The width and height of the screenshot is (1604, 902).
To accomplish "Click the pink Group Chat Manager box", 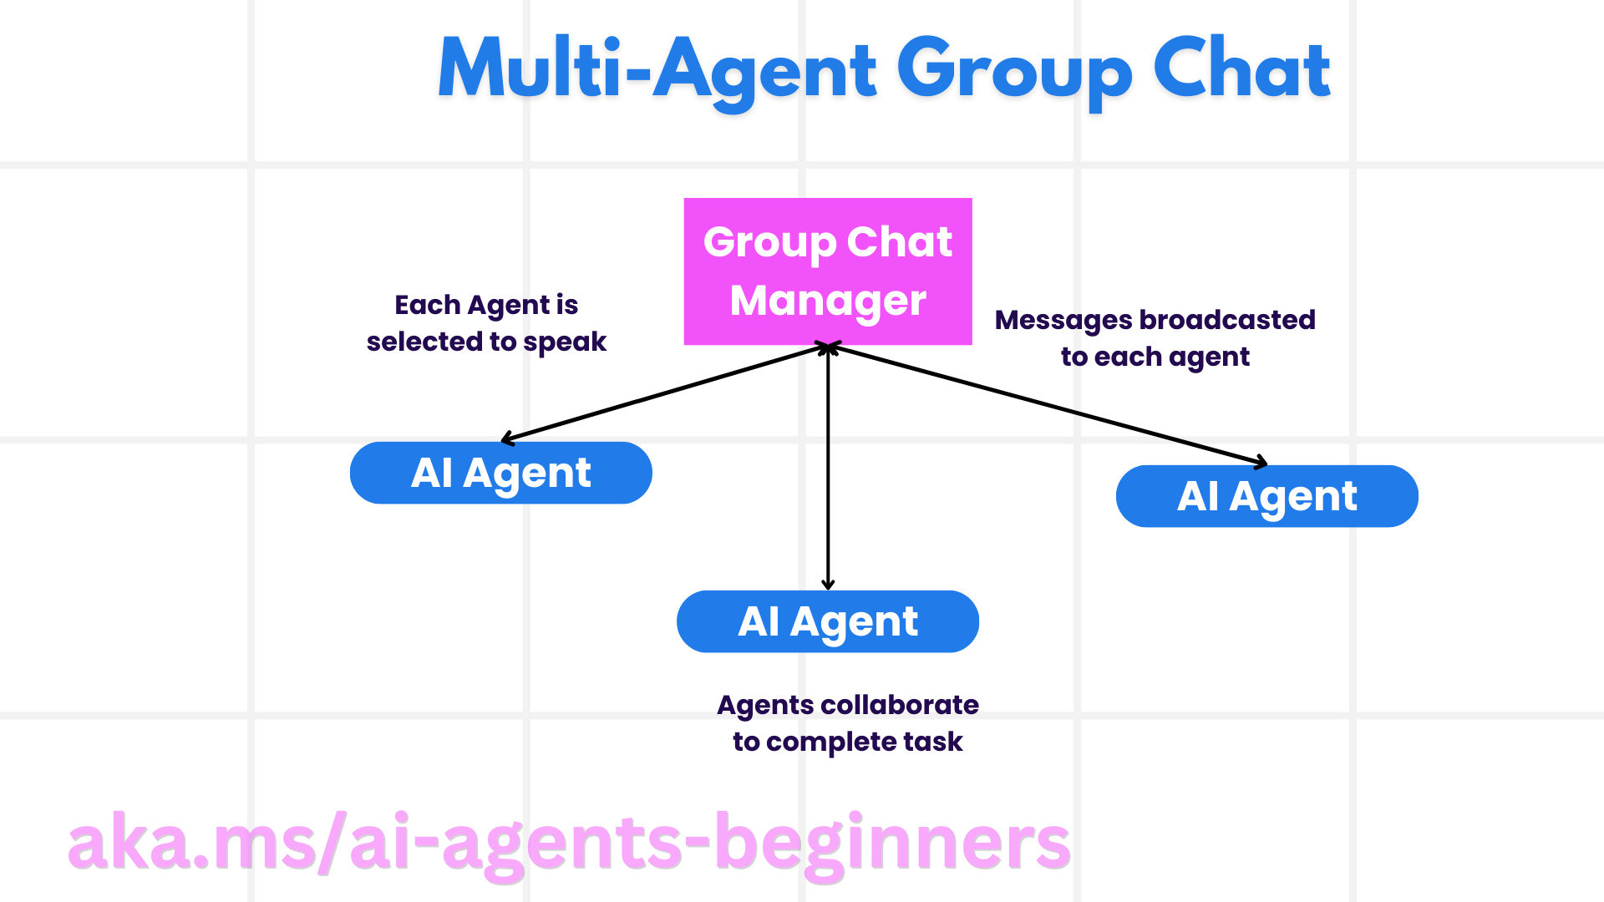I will click(827, 271).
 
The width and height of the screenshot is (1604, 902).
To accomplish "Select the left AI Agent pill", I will click(500, 473).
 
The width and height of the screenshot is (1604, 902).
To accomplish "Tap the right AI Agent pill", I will click(1266, 496).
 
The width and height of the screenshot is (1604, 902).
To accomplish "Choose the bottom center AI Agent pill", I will click(827, 621).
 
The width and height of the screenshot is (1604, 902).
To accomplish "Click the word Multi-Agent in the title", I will click(657, 70).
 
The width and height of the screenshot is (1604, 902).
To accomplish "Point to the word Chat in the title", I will click(1241, 70).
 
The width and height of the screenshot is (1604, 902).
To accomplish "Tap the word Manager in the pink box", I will click(827, 301).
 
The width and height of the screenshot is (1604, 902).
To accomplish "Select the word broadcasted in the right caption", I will click(1226, 320).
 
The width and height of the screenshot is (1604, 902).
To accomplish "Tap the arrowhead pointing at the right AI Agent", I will click(1261, 462).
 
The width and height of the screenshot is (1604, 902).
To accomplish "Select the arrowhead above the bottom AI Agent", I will click(828, 584).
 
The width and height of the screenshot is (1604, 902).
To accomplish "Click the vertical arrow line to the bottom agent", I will click(828, 468).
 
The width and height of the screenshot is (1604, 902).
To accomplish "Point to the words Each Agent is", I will click(486, 305).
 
